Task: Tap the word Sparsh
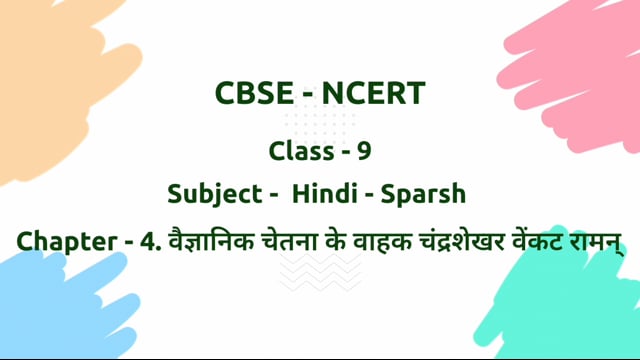[x=426, y=194]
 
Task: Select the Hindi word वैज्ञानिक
[x=199, y=241]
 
